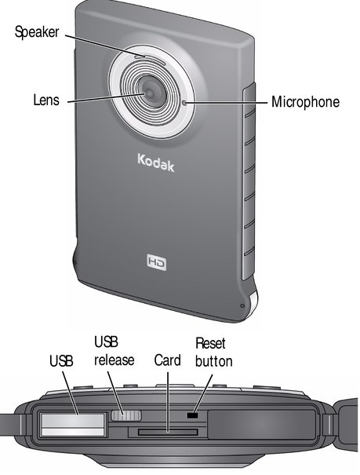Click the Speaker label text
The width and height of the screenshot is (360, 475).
pos(37,32)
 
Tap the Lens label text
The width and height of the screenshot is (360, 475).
pos(46,100)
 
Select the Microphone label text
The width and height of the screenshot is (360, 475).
pos(305,102)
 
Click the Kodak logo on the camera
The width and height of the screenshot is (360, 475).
pos(156,163)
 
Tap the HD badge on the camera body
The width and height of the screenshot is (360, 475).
pos(157,262)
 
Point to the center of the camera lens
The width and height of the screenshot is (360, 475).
pos(150,93)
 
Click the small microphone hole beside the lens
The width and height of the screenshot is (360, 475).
pos(184,103)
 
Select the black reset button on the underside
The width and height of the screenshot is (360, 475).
pos(192,415)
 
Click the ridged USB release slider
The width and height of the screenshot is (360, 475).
pos(126,415)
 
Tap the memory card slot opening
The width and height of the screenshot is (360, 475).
pos(168,432)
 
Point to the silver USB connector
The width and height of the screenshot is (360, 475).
pos(73,425)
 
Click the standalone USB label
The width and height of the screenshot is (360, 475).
pos(61,361)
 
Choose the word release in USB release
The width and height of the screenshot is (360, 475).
pos(115,360)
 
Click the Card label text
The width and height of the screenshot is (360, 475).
pos(167,360)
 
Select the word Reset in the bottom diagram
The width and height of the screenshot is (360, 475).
pos(210,343)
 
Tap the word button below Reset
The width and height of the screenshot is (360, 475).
pos(214,361)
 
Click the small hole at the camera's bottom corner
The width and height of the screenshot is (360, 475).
pos(242,305)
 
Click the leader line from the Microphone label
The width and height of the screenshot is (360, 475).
pos(227,103)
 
